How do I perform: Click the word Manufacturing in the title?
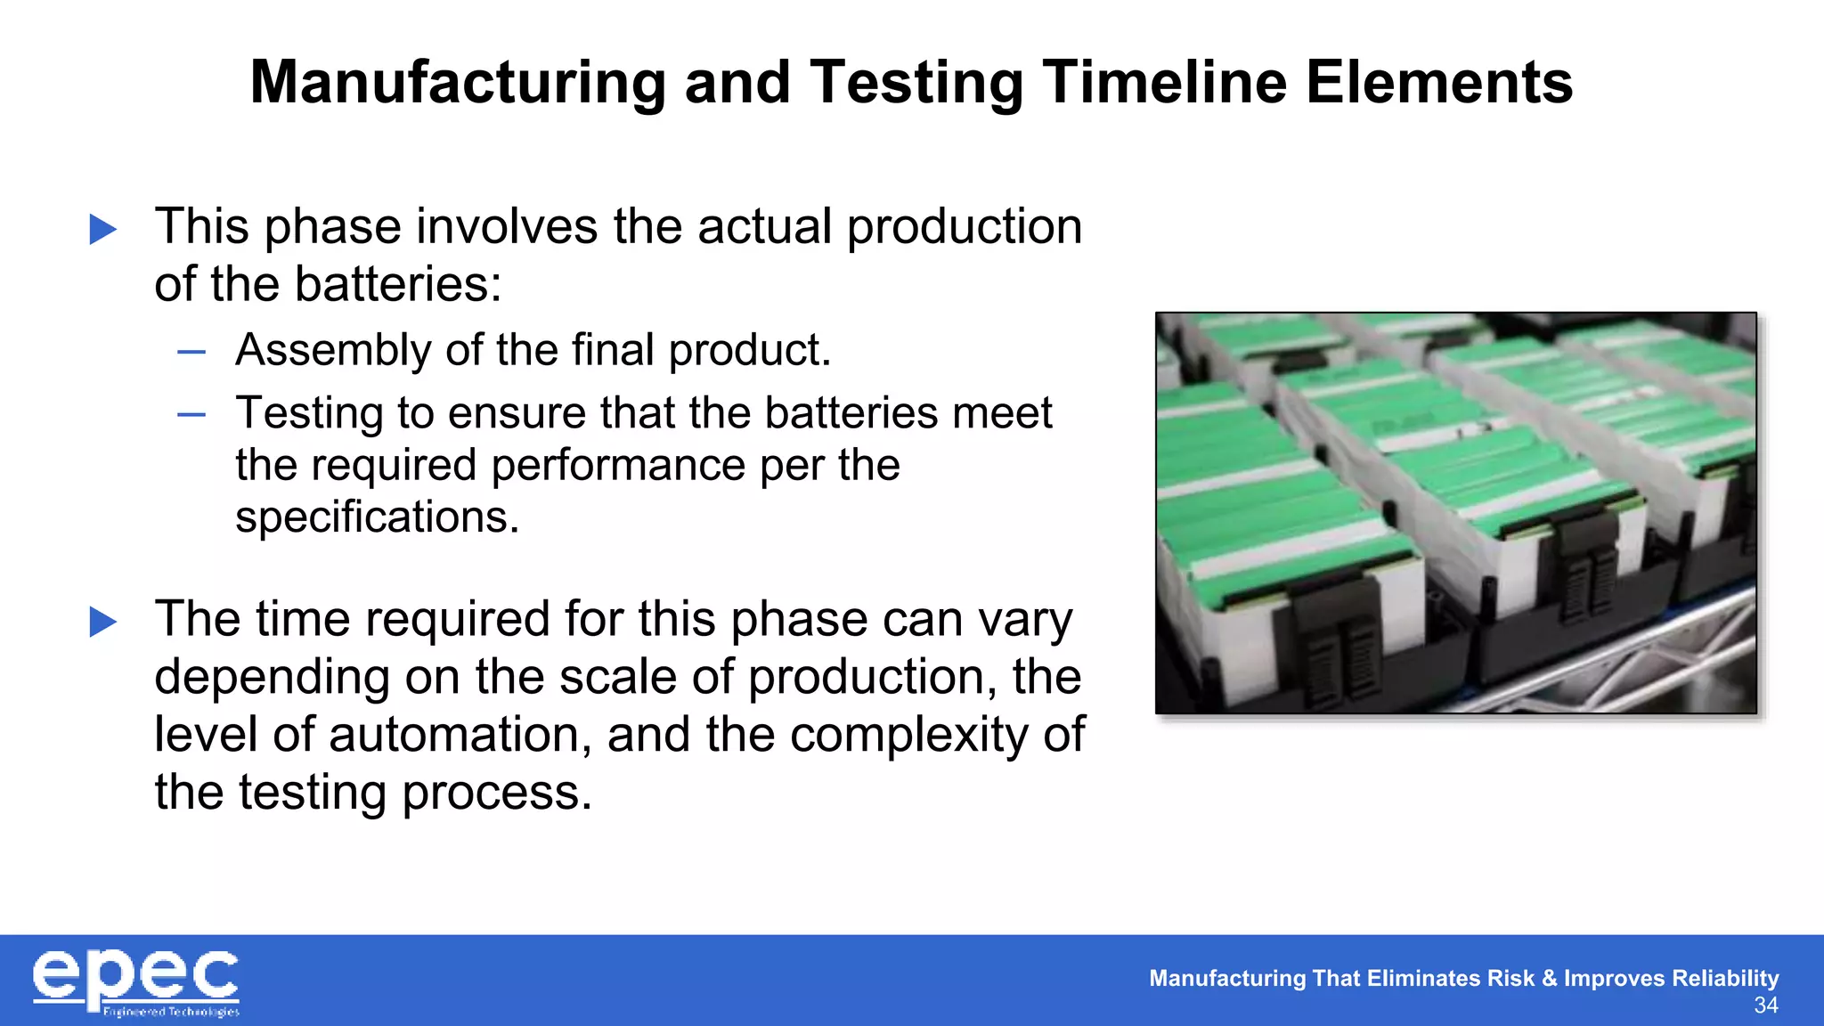click(458, 83)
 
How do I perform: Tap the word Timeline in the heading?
click(1164, 83)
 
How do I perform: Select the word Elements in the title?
click(1439, 83)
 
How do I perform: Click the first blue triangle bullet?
click(103, 230)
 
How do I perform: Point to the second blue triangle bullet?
click(103, 622)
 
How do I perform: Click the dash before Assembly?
click(191, 353)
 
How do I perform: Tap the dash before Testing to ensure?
click(191, 415)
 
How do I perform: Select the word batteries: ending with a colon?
click(398, 284)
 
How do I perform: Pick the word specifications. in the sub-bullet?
click(377, 517)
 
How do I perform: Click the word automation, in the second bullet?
click(460, 736)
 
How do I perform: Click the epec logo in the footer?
click(135, 978)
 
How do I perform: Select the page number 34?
click(1765, 1006)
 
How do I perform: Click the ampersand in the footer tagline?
click(1549, 978)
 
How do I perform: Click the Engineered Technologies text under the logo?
click(171, 1012)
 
